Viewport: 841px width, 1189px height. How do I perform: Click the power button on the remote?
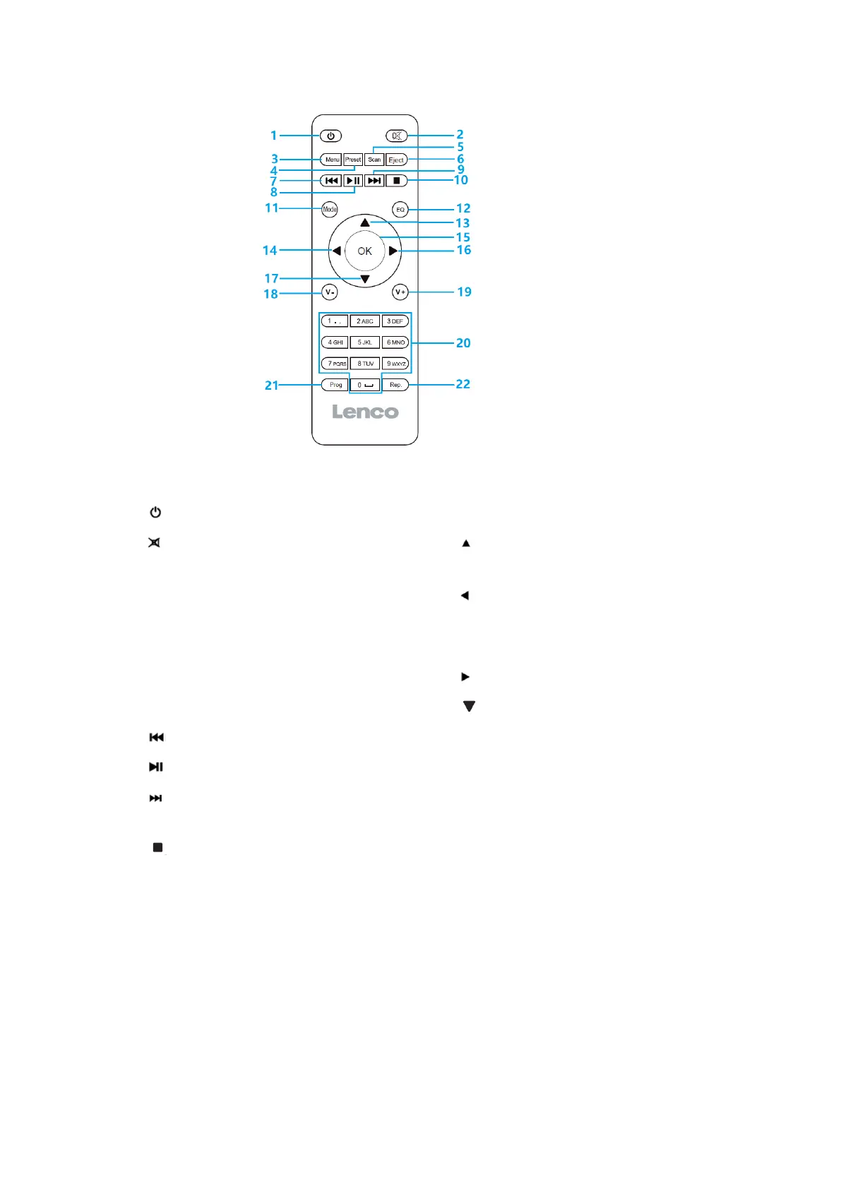[330, 136]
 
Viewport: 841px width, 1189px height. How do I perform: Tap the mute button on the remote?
[397, 136]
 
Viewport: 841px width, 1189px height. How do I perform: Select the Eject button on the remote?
[396, 160]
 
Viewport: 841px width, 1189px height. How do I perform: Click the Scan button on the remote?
[374, 160]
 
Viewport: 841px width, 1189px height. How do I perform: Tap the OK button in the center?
[364, 251]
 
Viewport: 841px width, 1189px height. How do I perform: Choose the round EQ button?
[400, 210]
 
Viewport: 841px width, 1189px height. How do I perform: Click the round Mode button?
[330, 209]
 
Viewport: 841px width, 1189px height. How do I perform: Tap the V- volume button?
[330, 292]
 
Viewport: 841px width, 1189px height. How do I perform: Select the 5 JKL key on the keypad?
[364, 342]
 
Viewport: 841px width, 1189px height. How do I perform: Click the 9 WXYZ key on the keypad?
[395, 364]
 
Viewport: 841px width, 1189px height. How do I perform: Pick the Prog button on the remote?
[335, 385]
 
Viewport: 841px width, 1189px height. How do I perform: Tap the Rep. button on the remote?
[395, 385]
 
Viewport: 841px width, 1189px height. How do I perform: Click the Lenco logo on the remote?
[365, 412]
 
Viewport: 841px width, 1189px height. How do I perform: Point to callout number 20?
[463, 342]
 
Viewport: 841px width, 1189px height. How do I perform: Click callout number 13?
[463, 223]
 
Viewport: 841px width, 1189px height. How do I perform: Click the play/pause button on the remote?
[353, 181]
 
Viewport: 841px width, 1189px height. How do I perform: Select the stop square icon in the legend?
[157, 847]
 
